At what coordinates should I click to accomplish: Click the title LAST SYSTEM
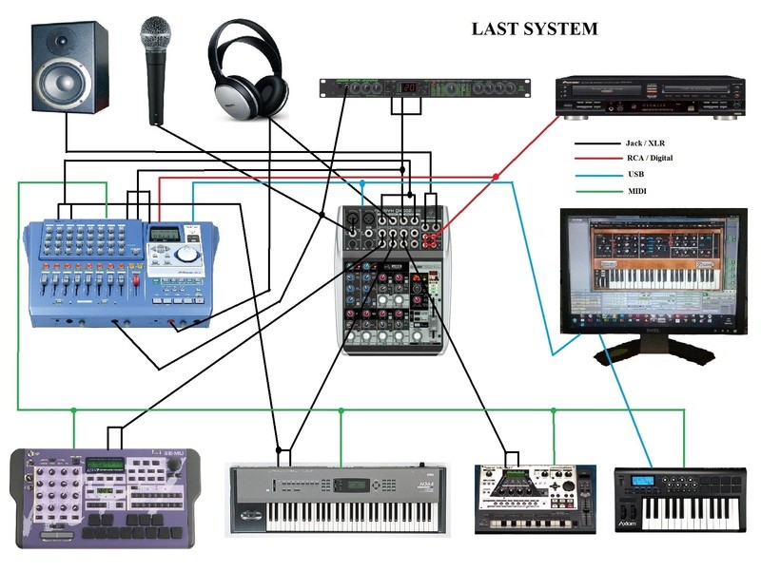(x=535, y=29)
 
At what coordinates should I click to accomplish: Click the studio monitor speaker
(x=69, y=69)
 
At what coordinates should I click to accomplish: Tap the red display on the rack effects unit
(x=408, y=89)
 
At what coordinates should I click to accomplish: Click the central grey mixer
(x=392, y=280)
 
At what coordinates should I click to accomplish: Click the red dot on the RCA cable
(x=496, y=177)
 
